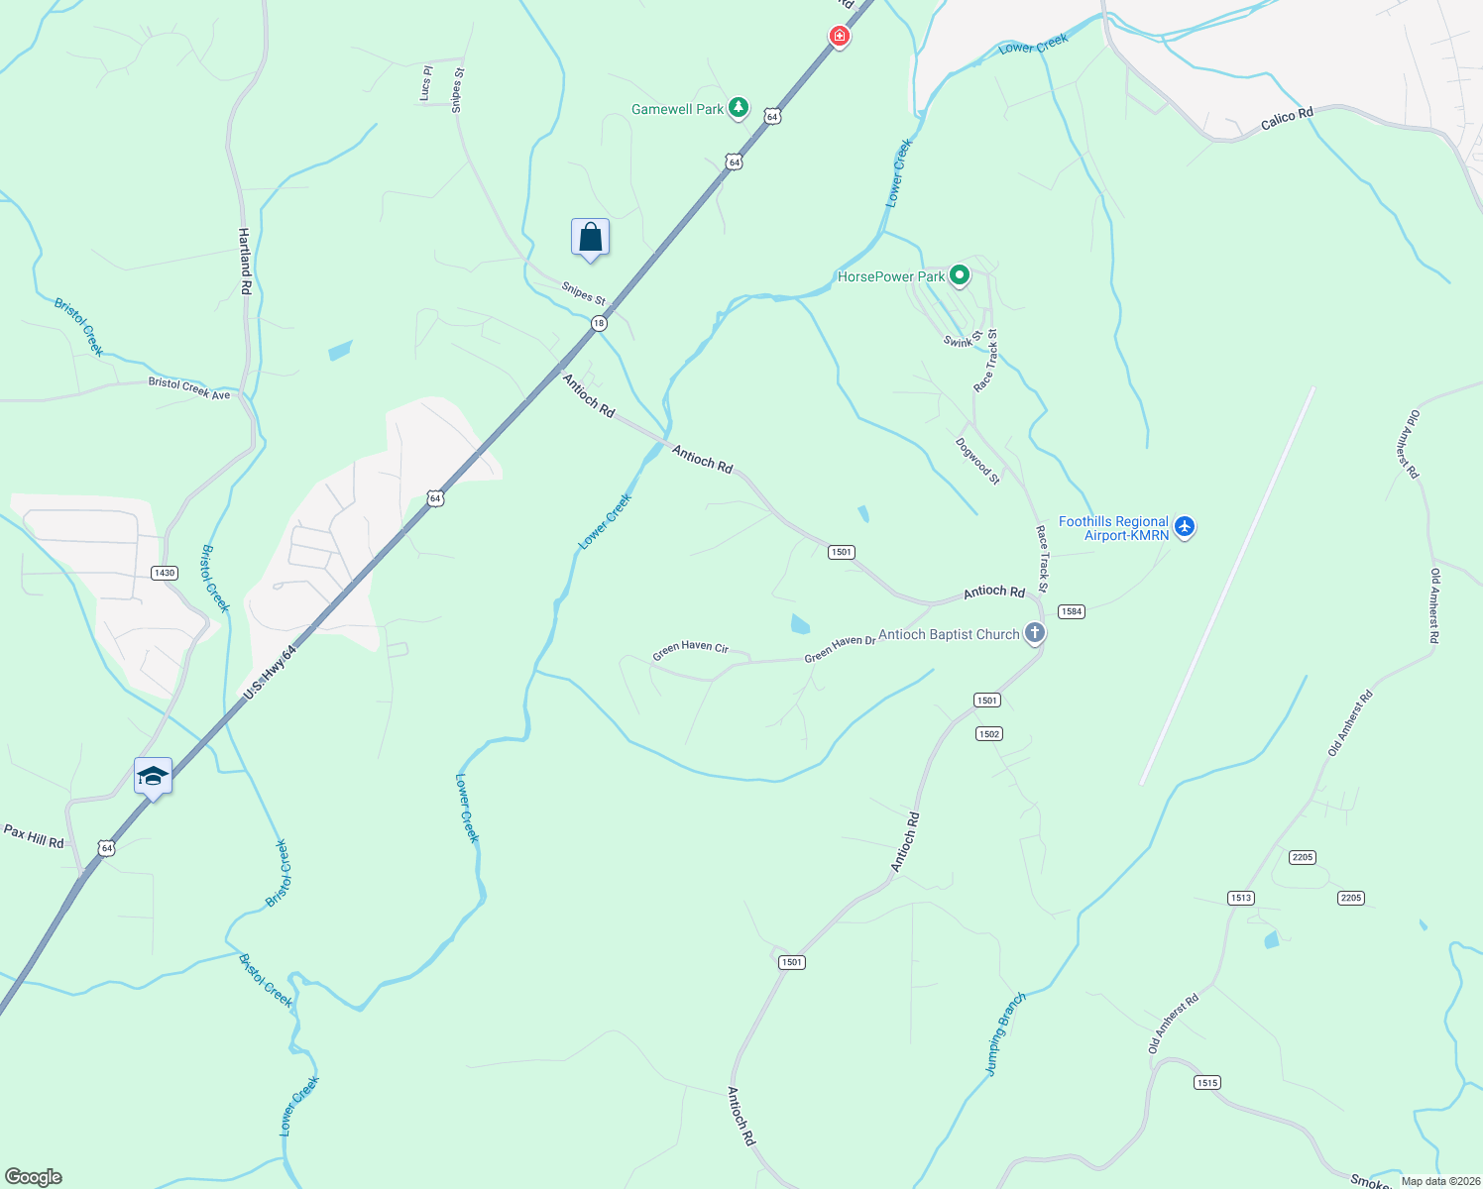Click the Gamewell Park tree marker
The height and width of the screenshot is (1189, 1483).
pyautogui.click(x=738, y=107)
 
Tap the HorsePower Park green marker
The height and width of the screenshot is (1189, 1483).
pyautogui.click(x=959, y=274)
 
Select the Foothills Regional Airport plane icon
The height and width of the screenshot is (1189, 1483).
pyautogui.click(x=1185, y=527)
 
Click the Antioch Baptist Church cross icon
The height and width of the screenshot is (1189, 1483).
pyautogui.click(x=1034, y=632)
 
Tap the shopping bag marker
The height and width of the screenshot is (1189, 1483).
pyautogui.click(x=590, y=238)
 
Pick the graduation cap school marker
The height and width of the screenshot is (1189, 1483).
pyautogui.click(x=153, y=776)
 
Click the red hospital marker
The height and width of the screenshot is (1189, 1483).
pyautogui.click(x=840, y=37)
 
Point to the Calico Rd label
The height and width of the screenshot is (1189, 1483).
pyautogui.click(x=1287, y=118)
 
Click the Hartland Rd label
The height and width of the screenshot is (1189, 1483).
pyautogui.click(x=245, y=261)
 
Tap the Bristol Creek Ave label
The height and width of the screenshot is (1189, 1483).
pyautogui.click(x=189, y=387)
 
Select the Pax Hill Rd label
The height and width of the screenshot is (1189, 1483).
pyautogui.click(x=34, y=835)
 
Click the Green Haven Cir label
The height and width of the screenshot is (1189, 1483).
pyautogui.click(x=690, y=650)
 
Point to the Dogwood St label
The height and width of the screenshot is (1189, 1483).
pyautogui.click(x=977, y=461)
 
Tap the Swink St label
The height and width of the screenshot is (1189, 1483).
pyautogui.click(x=963, y=339)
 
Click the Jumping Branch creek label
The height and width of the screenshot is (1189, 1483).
pyautogui.click(x=1005, y=1033)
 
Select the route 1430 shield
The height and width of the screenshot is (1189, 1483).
pyautogui.click(x=164, y=573)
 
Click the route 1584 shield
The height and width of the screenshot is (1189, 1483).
pyautogui.click(x=1072, y=611)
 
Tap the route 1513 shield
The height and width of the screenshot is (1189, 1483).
pyautogui.click(x=1240, y=898)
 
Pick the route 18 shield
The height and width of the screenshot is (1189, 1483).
pyautogui.click(x=599, y=323)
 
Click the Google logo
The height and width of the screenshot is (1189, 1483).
pyautogui.click(x=34, y=1177)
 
